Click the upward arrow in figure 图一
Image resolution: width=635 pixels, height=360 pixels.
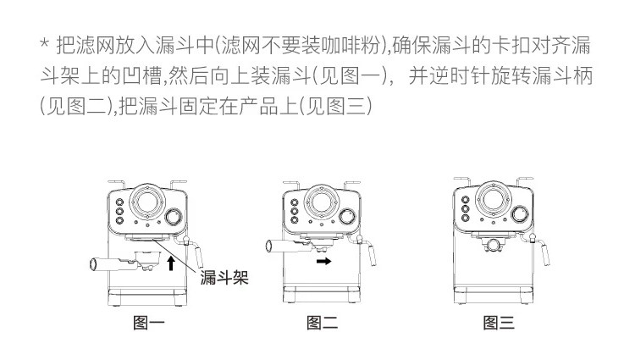tap(171, 263)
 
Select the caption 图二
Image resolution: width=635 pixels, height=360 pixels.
tap(322, 322)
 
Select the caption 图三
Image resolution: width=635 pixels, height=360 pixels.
tap(498, 322)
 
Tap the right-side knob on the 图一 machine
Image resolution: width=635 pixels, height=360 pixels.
tap(175, 217)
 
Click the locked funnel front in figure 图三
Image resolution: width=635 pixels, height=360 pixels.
tap(494, 246)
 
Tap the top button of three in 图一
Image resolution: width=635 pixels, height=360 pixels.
tap(119, 202)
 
